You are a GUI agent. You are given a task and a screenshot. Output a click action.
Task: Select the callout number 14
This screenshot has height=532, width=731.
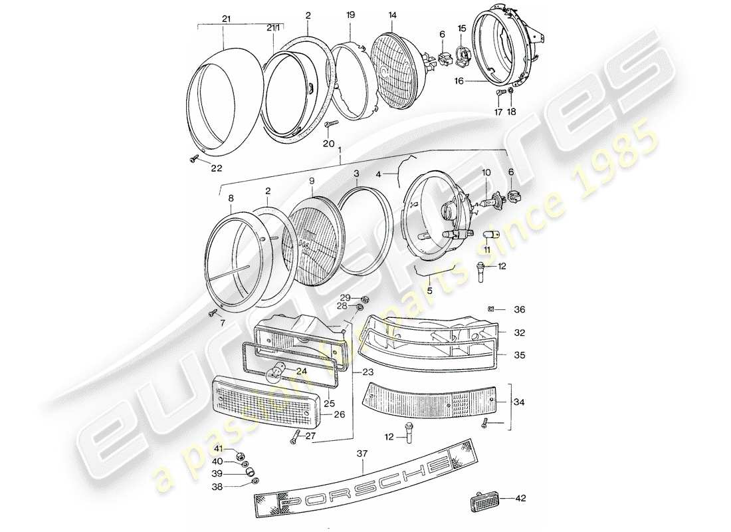393,14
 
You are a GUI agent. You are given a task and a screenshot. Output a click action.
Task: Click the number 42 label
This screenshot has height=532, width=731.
521,497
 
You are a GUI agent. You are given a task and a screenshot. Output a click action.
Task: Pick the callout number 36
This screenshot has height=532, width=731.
519,309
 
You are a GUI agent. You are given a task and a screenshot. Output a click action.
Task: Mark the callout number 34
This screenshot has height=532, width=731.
520,401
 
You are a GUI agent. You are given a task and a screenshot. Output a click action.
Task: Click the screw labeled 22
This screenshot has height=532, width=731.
192,158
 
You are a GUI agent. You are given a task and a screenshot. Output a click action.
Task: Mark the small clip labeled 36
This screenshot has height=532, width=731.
490,309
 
